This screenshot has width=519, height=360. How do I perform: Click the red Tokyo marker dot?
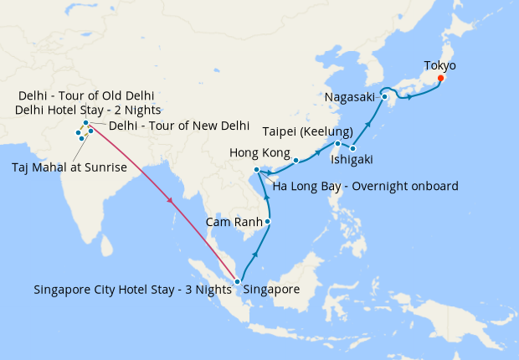(441, 79)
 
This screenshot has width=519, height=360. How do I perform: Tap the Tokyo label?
(440, 64)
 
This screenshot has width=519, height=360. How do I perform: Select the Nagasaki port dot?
(384, 96)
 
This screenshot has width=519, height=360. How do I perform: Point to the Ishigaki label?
(352, 159)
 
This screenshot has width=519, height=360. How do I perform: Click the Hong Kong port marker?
(295, 159)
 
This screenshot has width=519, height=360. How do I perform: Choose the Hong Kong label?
(259, 153)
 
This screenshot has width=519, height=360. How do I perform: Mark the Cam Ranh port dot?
(268, 222)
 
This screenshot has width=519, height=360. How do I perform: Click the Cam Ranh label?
(234, 223)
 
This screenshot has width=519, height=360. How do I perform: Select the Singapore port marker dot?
(238, 281)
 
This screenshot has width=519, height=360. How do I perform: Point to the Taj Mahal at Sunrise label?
(69, 167)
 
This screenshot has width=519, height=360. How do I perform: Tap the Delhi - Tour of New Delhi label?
(179, 126)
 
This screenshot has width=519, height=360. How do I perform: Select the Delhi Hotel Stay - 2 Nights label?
(88, 110)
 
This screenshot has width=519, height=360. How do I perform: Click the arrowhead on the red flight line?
(171, 201)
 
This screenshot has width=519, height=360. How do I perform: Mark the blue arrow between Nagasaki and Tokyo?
(409, 96)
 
